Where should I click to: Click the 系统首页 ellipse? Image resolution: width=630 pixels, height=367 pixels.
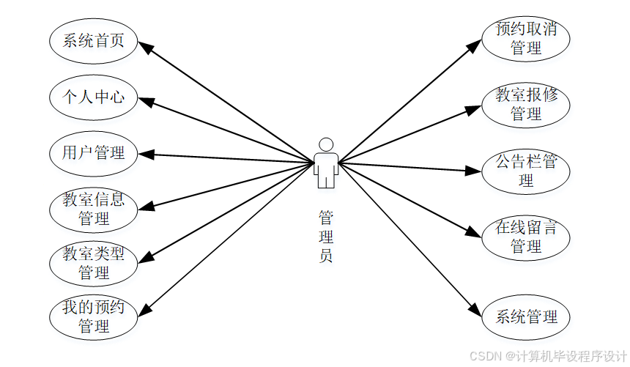[94, 41]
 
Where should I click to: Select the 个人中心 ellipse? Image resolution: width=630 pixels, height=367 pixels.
[94, 97]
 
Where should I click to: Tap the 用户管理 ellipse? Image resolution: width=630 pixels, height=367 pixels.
[94, 152]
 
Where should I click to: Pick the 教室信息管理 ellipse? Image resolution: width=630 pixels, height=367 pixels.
[94, 209]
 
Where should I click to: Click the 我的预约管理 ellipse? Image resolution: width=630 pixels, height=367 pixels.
[94, 316]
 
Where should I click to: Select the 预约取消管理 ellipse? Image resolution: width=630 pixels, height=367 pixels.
[526, 39]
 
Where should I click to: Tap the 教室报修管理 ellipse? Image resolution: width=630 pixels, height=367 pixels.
[526, 105]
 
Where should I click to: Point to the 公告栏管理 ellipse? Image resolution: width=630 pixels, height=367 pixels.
[526, 171]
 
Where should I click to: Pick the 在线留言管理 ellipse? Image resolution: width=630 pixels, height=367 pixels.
[526, 237]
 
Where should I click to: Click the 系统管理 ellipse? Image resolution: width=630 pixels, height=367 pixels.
[526, 317]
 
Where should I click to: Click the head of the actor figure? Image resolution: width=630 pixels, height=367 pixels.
[326, 144]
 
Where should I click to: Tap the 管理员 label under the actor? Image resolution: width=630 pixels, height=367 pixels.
[326, 237]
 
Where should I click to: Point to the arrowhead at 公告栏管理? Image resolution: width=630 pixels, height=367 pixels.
[475, 171]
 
